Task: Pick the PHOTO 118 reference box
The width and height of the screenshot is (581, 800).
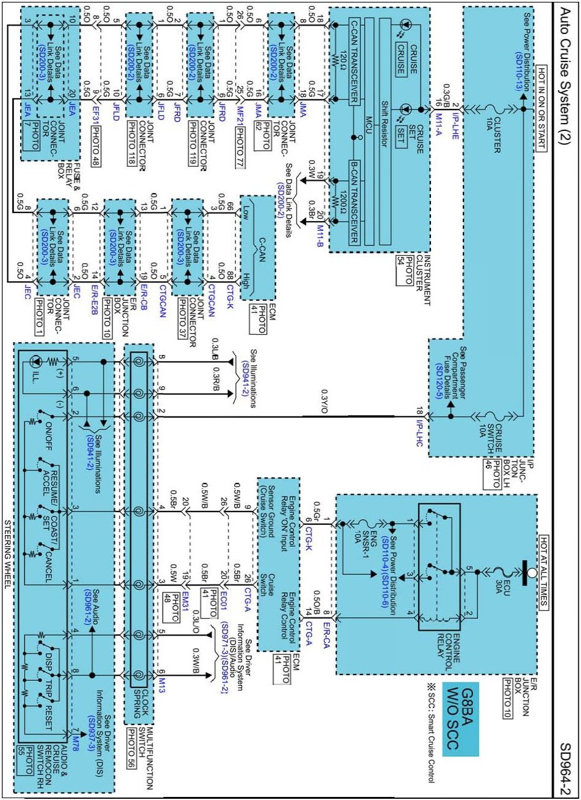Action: [132, 144]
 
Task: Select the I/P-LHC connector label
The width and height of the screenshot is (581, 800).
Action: [419, 433]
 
